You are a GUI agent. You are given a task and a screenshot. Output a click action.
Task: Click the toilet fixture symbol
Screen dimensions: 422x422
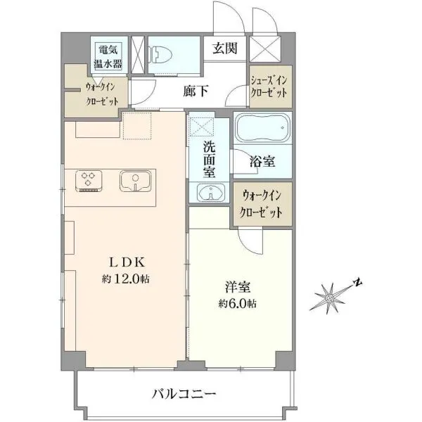click(x=160, y=55)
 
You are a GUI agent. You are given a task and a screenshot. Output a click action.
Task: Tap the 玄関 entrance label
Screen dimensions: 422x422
click(x=225, y=49)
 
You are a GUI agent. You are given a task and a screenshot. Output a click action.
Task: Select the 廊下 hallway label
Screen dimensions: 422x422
click(x=196, y=91)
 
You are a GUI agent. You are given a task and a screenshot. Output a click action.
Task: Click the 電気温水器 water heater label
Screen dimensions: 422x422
click(x=108, y=56)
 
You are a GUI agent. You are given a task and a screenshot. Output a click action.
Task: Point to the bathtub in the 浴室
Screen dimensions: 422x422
click(x=262, y=128)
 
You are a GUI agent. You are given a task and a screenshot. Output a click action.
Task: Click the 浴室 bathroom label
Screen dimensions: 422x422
click(x=262, y=162)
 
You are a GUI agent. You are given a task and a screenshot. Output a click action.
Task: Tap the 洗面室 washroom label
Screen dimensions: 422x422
click(x=209, y=160)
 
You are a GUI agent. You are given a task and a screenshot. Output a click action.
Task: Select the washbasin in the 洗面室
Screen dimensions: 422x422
click(x=211, y=192)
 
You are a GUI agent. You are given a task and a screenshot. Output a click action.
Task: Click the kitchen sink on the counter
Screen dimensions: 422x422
click(x=135, y=181)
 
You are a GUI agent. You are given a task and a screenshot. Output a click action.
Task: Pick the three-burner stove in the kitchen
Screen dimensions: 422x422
click(x=89, y=181)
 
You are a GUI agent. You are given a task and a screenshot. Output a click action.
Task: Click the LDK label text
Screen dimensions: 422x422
click(x=127, y=262)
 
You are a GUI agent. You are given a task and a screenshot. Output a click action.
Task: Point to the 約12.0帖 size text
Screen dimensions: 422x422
click(x=125, y=279)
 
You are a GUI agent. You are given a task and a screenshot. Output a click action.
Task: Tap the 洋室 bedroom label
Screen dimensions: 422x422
click(x=238, y=287)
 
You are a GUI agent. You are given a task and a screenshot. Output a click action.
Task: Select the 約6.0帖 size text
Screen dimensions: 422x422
click(x=237, y=304)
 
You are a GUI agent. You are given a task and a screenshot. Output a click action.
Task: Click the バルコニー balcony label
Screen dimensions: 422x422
click(x=184, y=394)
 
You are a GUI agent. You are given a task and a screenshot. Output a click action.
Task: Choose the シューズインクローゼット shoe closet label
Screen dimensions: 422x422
click(x=269, y=87)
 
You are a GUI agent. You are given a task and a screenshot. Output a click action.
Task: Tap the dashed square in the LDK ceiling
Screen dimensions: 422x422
click(x=137, y=126)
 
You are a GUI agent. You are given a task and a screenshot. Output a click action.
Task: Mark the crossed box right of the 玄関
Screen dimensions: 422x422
click(x=265, y=49)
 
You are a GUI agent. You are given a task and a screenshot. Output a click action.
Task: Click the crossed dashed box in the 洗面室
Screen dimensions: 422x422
click(x=202, y=127)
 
